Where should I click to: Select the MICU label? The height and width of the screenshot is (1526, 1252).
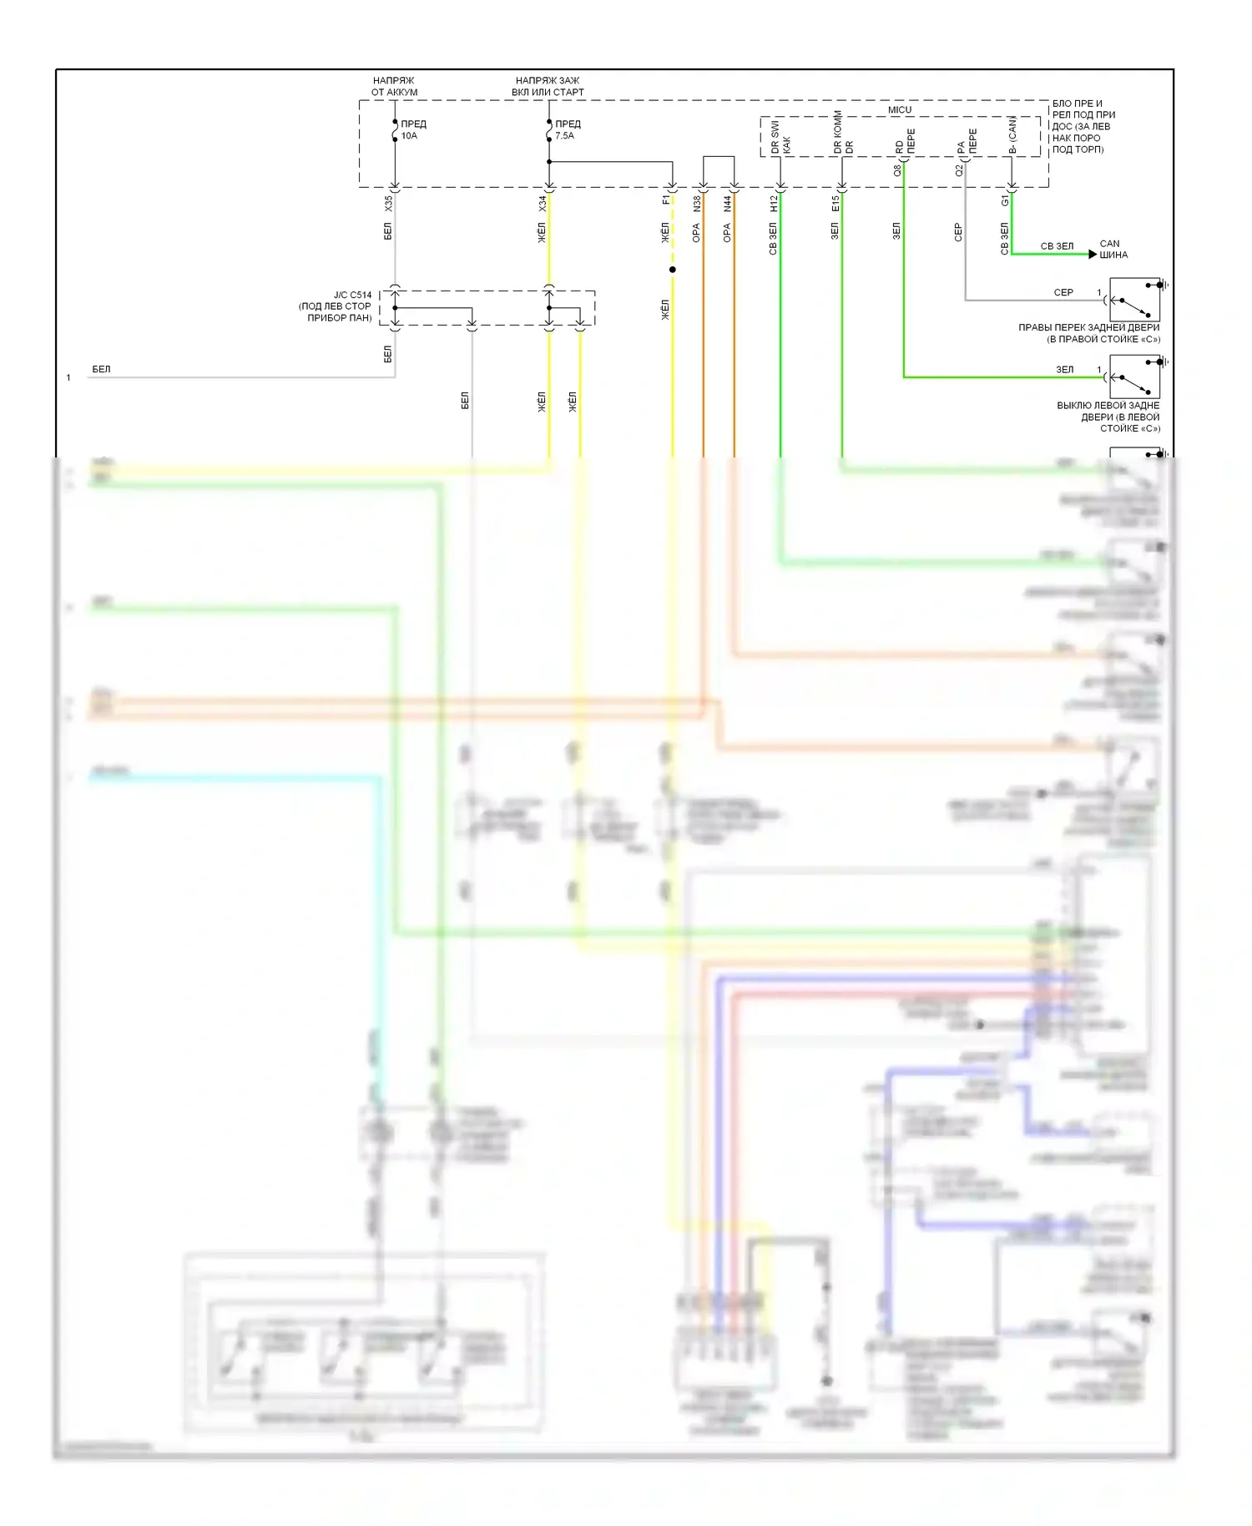[x=900, y=110]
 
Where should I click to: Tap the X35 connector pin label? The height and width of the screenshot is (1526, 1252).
[x=388, y=203]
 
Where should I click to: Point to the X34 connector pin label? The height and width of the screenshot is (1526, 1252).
[x=543, y=203]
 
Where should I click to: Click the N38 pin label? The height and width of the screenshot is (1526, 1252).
[x=697, y=203]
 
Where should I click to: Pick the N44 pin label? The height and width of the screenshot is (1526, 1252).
[x=728, y=203]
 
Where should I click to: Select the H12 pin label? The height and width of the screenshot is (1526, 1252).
[x=774, y=203]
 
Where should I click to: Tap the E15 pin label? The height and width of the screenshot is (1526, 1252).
[x=836, y=203]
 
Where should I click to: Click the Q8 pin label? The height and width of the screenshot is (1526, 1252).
[x=897, y=170]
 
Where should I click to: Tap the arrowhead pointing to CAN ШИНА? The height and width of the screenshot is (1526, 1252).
[x=1093, y=254]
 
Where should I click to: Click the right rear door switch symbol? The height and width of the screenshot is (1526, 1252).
[x=1134, y=300]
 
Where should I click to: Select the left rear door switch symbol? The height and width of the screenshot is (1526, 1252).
[x=1134, y=377]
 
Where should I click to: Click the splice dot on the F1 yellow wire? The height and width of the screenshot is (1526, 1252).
[x=673, y=270]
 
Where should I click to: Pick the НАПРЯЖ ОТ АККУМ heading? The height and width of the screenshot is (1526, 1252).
[x=394, y=87]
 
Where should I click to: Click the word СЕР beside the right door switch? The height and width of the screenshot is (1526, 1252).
[x=1063, y=293]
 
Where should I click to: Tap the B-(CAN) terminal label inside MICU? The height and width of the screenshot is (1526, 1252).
[x=1012, y=135]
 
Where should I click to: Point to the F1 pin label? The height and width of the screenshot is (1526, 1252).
[x=665, y=200]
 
